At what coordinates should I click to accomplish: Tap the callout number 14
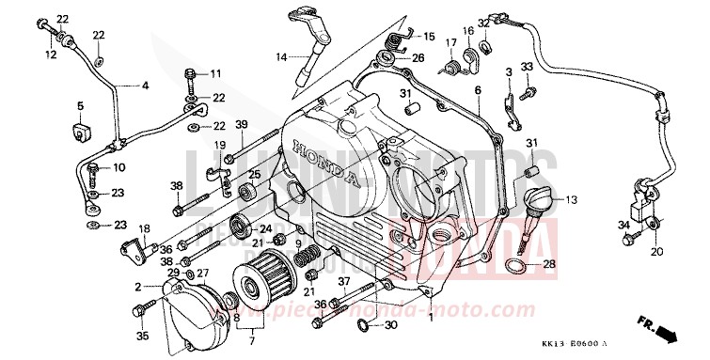tap(279, 57)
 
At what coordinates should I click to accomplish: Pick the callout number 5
tap(81, 104)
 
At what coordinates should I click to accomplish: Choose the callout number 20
tap(655, 252)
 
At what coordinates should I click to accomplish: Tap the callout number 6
tap(477, 89)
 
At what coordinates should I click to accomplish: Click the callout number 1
tap(431, 318)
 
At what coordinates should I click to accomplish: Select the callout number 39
tap(214, 126)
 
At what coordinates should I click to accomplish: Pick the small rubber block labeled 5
tap(81, 125)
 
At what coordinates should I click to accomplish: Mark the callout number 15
tap(429, 37)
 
